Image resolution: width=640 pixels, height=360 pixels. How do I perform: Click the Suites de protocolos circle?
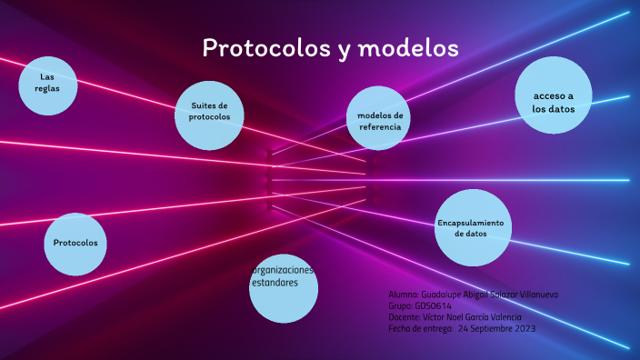point(209,113)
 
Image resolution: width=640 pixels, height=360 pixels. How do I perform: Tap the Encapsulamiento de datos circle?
point(471,228)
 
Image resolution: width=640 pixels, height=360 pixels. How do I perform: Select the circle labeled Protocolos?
point(75,244)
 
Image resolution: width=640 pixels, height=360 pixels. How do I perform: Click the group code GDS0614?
point(433,306)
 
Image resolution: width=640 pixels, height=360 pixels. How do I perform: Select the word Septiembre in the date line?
point(481,327)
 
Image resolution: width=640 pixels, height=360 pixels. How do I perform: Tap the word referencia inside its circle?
point(380,127)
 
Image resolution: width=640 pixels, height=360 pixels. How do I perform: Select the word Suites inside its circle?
point(203,106)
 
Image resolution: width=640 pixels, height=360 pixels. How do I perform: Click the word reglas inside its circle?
point(47,88)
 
